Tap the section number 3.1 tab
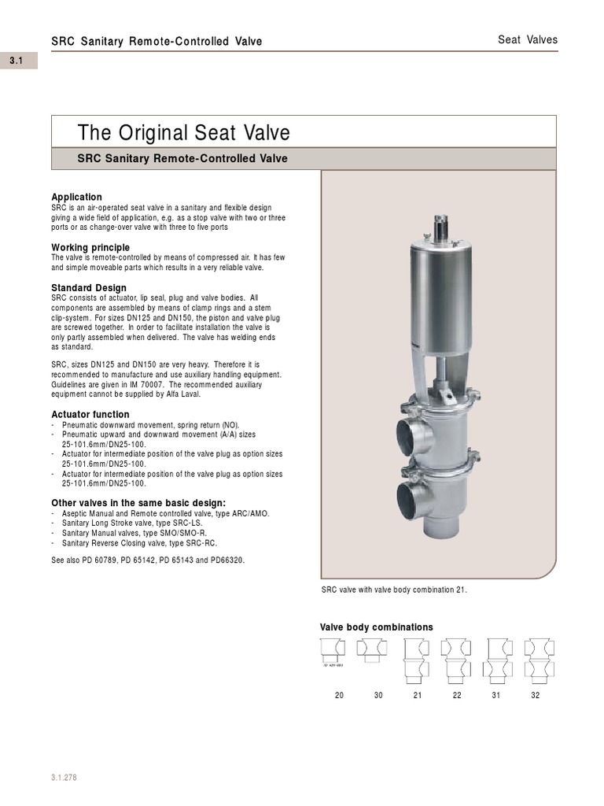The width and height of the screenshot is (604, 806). point(18,61)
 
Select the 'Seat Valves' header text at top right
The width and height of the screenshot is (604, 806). point(528,40)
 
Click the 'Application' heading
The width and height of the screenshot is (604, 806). point(76,197)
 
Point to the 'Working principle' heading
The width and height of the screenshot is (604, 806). point(90,247)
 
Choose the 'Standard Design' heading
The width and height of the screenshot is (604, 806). point(89,288)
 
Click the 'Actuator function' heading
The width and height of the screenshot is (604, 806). point(90,414)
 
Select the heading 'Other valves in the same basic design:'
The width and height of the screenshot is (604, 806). point(138,503)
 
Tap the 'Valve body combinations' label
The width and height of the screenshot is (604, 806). point(376,627)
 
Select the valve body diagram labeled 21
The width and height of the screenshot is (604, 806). point(415,660)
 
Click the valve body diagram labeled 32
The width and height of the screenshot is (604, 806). point(535,660)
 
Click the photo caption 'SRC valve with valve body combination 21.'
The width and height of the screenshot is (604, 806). point(394,590)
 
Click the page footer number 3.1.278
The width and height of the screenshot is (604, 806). point(64,778)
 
